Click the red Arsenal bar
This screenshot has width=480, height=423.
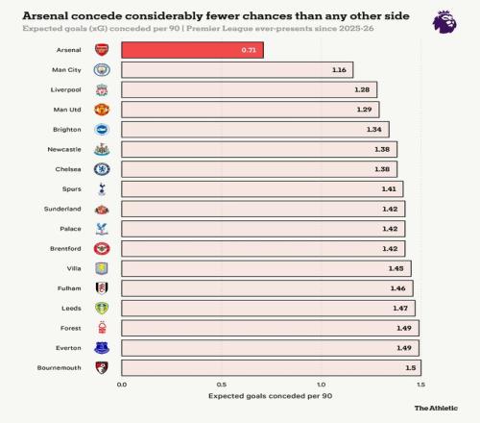(x=192, y=50)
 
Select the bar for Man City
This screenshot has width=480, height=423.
(x=237, y=70)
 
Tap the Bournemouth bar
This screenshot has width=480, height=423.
(x=271, y=367)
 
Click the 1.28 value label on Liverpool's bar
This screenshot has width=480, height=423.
(x=362, y=89)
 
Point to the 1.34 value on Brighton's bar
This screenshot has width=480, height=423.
(x=373, y=130)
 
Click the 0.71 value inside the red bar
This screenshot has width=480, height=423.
(x=249, y=50)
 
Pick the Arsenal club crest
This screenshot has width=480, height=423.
(x=102, y=50)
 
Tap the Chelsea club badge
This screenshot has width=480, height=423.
(x=102, y=169)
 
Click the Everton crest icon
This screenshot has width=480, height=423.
(x=102, y=348)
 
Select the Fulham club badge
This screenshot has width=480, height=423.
(x=102, y=288)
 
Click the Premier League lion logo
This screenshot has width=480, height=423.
(x=444, y=22)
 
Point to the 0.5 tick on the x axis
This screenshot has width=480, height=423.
(x=222, y=385)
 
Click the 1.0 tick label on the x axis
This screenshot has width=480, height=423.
(x=322, y=385)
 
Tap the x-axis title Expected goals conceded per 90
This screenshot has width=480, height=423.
(x=271, y=396)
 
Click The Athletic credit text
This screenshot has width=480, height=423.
(x=436, y=408)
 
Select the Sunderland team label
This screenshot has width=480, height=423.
(x=62, y=209)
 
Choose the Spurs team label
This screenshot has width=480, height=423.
(x=72, y=189)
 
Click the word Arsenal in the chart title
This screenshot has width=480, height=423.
(x=45, y=15)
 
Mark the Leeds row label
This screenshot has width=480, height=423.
(x=71, y=309)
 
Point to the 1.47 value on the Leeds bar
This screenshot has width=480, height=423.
(x=400, y=309)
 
